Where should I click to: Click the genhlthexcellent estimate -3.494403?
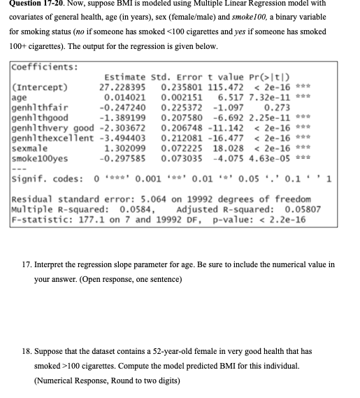[124, 138]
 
